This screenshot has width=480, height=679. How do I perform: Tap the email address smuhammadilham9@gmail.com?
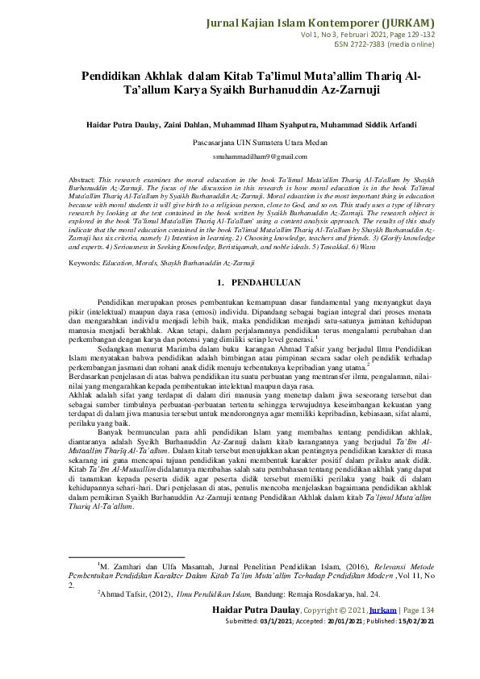click(240, 155)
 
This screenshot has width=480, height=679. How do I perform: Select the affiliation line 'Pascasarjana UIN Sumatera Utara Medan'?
click(240, 141)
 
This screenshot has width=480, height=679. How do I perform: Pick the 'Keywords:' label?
click(85, 240)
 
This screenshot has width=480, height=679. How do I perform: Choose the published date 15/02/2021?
click(417, 644)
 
